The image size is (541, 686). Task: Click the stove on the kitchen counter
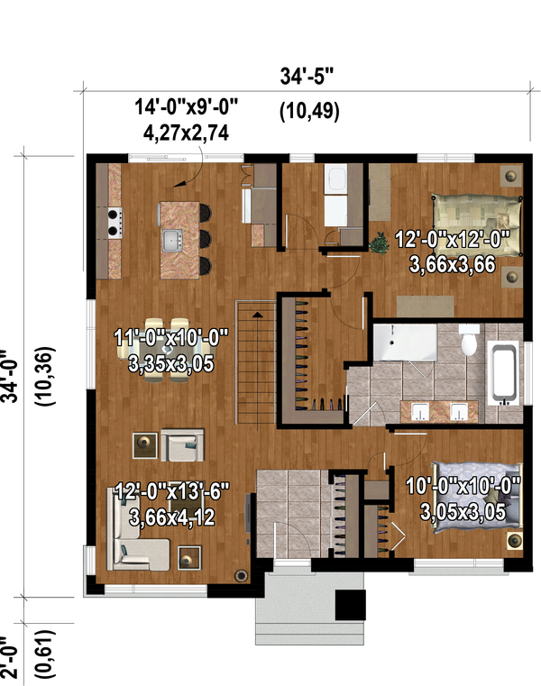point(115,222)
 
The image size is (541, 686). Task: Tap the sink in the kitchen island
point(170,240)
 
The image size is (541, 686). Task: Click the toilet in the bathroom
point(469,342)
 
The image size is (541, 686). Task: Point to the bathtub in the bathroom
point(504,371)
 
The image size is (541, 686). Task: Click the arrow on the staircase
point(258,315)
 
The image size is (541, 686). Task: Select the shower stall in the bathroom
point(404,342)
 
